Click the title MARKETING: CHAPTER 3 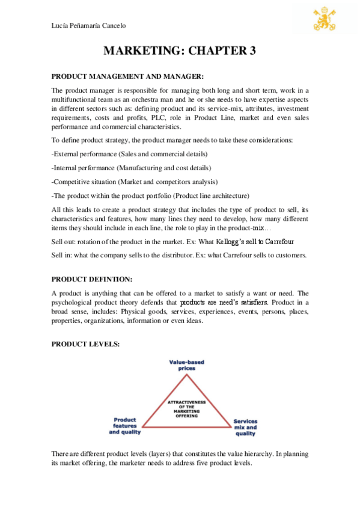[180, 51]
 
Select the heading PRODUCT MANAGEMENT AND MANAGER [128, 76]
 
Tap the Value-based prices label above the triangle [186, 365]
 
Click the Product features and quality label [124, 426]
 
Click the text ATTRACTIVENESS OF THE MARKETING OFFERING [186, 408]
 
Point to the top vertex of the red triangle [186, 375]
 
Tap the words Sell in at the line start [63, 255]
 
